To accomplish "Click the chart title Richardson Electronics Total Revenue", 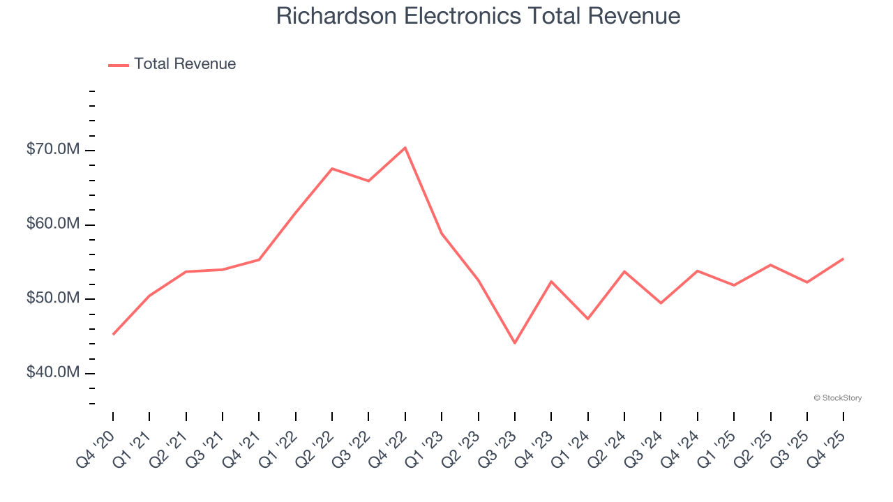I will click(478, 15).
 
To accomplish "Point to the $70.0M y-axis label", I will click(53, 151).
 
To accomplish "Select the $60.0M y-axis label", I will click(53, 225).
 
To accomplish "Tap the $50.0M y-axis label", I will click(53, 299).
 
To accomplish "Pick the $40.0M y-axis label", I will click(53, 373).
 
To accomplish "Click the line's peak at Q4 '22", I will click(405, 148).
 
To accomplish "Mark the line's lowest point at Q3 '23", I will click(515, 343).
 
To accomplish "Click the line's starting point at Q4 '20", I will click(113, 335).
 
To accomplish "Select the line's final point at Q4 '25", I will click(843, 259).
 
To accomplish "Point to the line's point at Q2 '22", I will click(332, 169).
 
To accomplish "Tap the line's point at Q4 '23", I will click(551, 282).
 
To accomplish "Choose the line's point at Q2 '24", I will click(624, 271).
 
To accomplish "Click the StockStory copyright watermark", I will click(837, 398).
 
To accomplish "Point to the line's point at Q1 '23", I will click(442, 233).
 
